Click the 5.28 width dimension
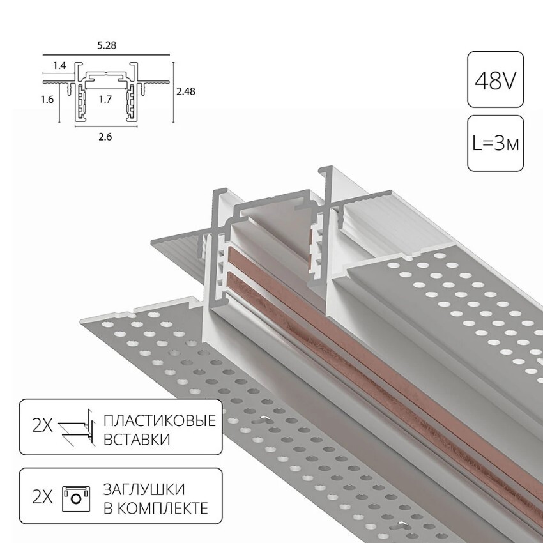tap(107, 45)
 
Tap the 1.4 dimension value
tap(59, 65)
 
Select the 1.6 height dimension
tap(47, 100)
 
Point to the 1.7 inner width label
tap(105, 100)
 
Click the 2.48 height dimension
tap(186, 91)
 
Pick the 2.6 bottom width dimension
tap(105, 137)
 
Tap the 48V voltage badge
tap(496, 80)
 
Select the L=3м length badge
tap(496, 143)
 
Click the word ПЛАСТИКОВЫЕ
tap(160, 421)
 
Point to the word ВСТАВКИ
tap(137, 440)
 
